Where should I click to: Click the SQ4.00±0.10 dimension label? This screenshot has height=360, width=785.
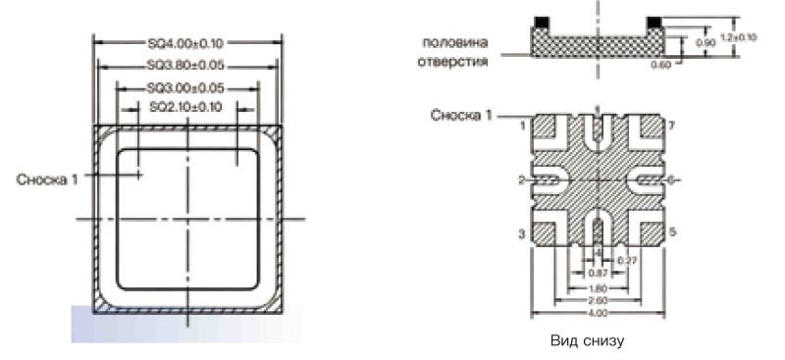(x=185, y=42)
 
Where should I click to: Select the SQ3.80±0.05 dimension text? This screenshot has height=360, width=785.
(x=185, y=67)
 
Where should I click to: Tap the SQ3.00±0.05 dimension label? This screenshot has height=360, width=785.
(x=185, y=88)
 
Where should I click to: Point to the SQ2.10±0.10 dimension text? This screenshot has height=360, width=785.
(x=185, y=106)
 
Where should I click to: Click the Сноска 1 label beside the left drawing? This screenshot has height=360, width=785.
(x=47, y=179)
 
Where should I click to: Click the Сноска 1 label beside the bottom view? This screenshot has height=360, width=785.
(x=460, y=116)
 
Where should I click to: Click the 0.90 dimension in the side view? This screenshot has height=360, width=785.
(x=705, y=44)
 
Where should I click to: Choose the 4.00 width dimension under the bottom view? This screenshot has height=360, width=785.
(x=598, y=313)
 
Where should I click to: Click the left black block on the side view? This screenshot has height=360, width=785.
(x=541, y=21)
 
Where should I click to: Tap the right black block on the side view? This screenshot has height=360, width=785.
(x=653, y=21)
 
